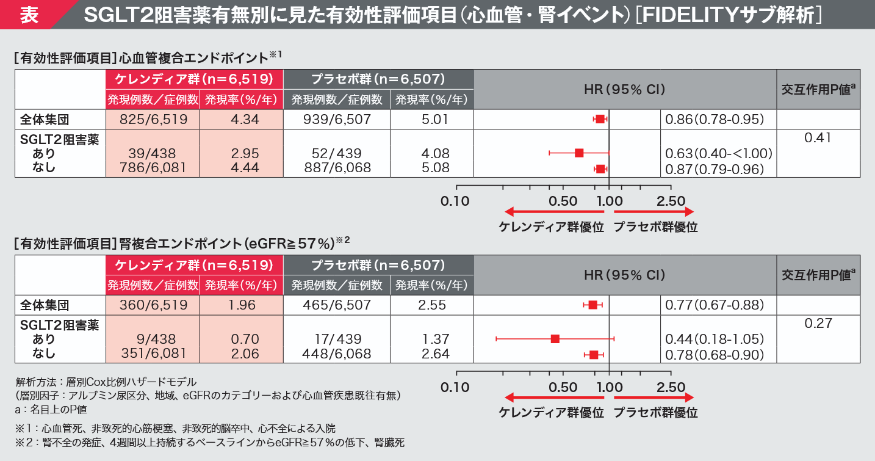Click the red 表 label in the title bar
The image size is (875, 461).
point(29,15)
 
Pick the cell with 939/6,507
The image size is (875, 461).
point(337,119)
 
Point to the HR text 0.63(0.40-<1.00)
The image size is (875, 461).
point(718,153)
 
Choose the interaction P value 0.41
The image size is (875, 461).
point(818,139)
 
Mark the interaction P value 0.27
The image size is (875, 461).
point(818,324)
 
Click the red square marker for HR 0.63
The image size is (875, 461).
point(579,153)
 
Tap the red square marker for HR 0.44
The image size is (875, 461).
point(555,338)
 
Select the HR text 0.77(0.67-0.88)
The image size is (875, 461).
point(713,304)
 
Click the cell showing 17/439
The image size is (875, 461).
point(337,339)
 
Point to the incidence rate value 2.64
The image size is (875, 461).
point(435,354)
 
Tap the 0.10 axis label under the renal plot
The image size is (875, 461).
point(455,387)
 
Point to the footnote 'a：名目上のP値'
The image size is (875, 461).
point(51,410)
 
